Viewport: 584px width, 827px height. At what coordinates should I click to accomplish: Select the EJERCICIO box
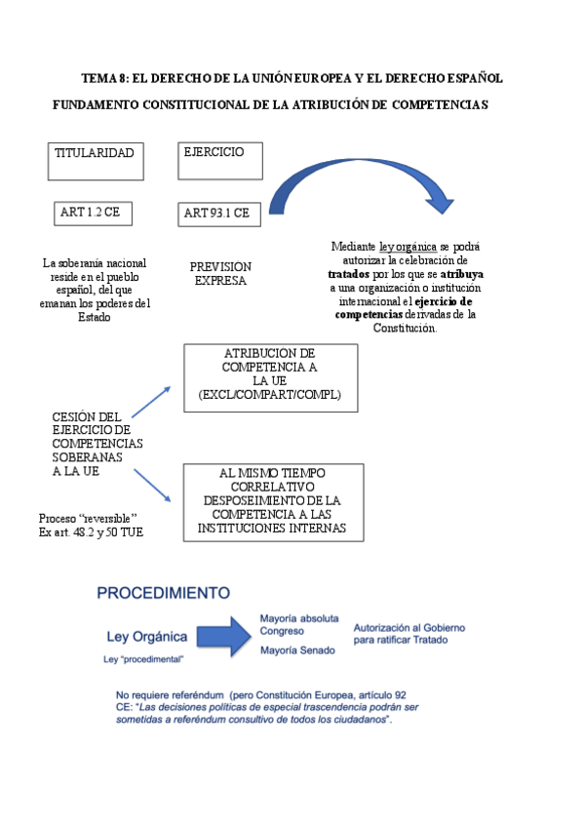220,161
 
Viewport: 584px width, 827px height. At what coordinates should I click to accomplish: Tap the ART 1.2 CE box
93,213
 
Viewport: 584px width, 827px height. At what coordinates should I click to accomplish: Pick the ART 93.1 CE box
220,214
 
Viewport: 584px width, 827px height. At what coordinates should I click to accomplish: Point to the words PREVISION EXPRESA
220,273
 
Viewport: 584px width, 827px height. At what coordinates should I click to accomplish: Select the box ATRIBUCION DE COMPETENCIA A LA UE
271,377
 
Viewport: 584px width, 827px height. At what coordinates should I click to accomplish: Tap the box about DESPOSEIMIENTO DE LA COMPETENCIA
273,502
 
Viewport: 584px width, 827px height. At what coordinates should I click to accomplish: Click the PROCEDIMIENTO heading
162,592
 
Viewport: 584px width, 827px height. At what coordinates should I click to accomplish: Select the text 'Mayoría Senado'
297,650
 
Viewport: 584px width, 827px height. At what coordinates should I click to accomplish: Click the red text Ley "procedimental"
143,660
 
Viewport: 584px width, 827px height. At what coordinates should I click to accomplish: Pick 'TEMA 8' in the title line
105,78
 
